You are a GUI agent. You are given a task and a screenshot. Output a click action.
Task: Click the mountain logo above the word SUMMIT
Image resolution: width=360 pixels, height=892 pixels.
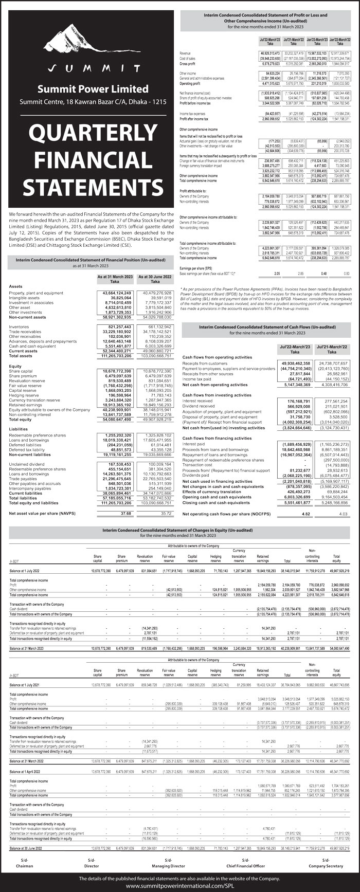pos(89,42)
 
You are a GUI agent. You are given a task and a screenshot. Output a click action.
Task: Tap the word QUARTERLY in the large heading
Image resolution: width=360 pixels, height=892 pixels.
pos(89,134)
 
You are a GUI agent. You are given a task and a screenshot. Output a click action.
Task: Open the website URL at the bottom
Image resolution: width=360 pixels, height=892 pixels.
pos(179,886)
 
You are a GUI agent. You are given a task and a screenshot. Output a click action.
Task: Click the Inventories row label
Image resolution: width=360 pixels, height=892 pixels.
pos(20,327)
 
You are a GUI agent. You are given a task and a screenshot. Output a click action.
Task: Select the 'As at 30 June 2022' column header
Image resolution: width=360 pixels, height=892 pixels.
pos(155,279)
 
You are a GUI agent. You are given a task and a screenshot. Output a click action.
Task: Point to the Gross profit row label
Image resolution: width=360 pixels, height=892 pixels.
pos(189,63)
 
